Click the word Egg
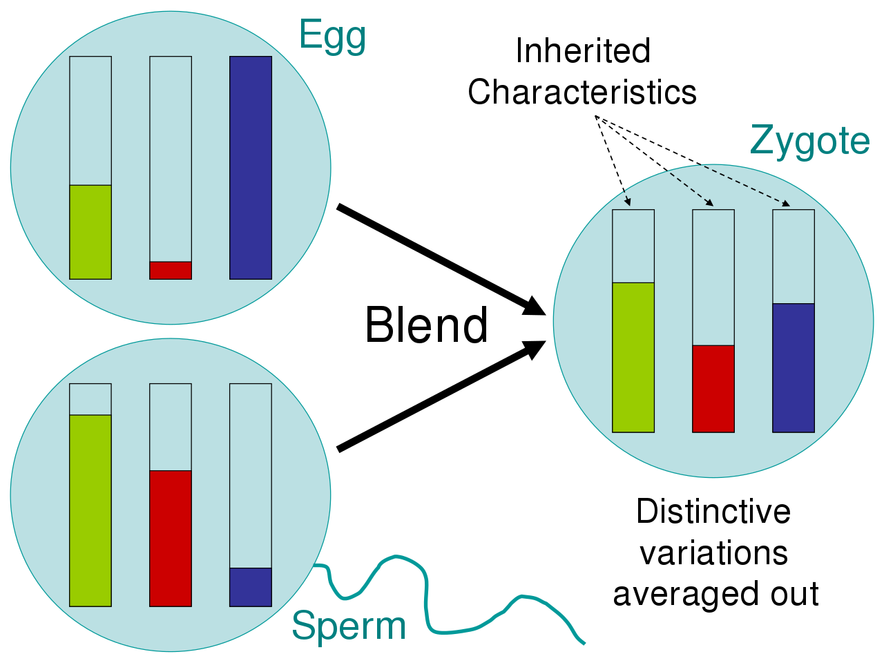tap(332, 36)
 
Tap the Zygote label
tap(809, 142)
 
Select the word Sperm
tap(349, 626)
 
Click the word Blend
tap(426, 325)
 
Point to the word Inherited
tap(582, 51)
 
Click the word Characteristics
tap(582, 92)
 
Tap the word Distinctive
tap(713, 512)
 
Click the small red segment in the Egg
tap(171, 270)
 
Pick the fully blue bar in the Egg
tap(251, 168)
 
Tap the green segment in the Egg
tap(90, 232)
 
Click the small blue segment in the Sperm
tap(251, 587)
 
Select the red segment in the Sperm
tap(171, 539)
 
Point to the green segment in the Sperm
tap(90, 511)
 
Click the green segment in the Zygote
tap(633, 358)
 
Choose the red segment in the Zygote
tap(713, 389)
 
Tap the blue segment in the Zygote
tap(794, 368)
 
